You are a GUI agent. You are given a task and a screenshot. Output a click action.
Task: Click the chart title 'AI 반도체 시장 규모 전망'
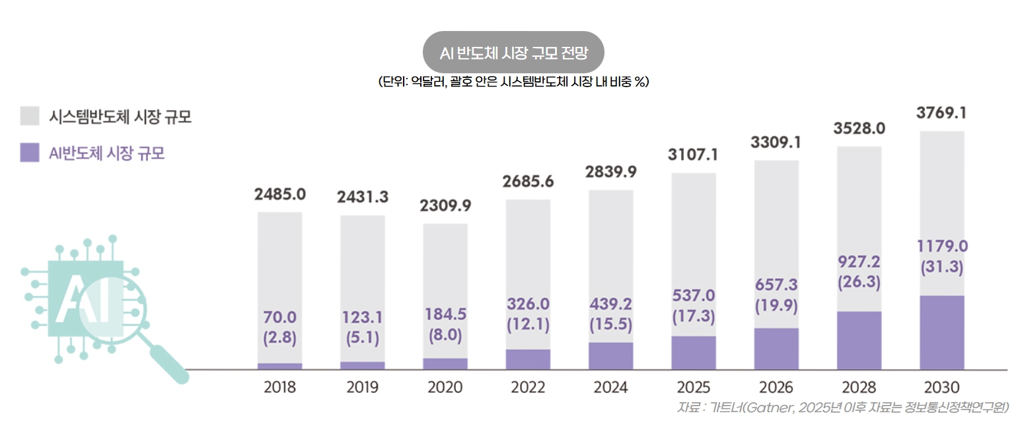click(x=513, y=52)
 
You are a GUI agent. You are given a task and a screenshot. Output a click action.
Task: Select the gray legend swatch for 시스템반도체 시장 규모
click(x=30, y=116)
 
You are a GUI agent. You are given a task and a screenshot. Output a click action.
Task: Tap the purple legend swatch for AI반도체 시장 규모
click(x=30, y=153)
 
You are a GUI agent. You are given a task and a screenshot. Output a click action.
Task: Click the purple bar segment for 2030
click(x=941, y=332)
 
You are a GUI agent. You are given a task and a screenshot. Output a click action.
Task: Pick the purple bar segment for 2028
click(x=859, y=340)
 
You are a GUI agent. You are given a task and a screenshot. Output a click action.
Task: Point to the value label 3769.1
click(x=941, y=113)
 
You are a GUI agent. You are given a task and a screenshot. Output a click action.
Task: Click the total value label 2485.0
click(x=279, y=194)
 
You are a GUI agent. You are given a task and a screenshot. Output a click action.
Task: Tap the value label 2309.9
click(x=445, y=205)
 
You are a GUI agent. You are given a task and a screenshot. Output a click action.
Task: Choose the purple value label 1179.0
click(x=941, y=246)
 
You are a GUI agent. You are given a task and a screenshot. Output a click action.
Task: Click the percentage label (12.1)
click(x=528, y=325)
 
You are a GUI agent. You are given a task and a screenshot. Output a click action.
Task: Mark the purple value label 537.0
click(x=693, y=295)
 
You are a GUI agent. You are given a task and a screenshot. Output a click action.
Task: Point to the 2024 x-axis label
click(x=610, y=387)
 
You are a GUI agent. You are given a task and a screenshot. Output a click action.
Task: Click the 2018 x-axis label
click(x=279, y=387)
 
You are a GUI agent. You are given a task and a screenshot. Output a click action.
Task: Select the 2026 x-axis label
click(x=776, y=387)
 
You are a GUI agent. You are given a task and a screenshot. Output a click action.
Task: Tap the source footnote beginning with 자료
click(x=842, y=407)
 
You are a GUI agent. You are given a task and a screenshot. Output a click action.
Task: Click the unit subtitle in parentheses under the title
click(x=513, y=82)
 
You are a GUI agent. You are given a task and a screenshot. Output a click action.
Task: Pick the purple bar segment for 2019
click(x=362, y=365)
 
